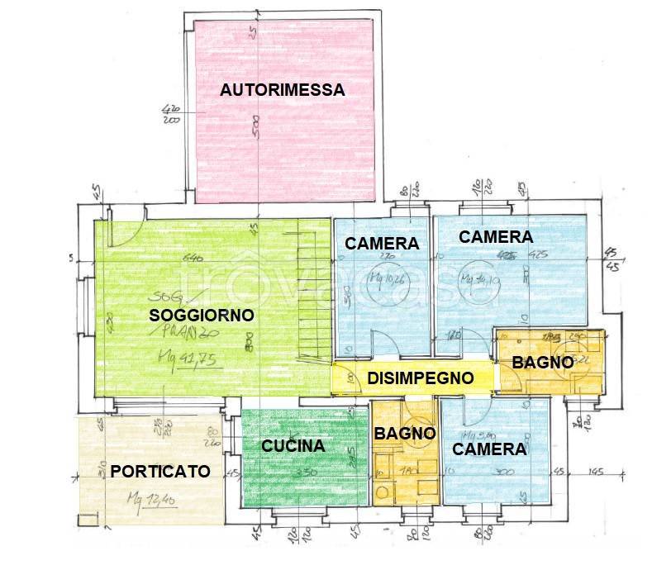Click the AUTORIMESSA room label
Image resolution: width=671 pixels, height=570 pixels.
tap(282, 91)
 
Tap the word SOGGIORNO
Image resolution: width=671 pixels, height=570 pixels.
tap(201, 315)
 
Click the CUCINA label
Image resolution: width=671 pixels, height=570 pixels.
tap(293, 446)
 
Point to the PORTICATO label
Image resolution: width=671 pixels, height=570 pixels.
tap(160, 472)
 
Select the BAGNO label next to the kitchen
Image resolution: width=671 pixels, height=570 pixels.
tap(404, 433)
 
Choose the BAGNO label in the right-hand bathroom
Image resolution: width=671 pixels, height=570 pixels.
tap(542, 362)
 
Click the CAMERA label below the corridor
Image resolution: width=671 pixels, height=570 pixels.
tap(489, 449)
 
